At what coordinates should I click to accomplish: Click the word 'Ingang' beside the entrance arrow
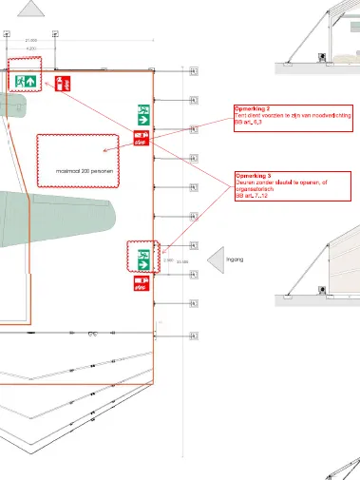pos(236,259)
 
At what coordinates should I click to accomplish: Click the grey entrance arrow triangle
pos(214,258)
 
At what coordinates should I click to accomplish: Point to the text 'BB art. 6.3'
pos(247,124)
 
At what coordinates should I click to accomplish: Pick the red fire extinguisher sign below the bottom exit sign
pos(142,282)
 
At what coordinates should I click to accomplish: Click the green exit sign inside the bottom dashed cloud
pos(142,256)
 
